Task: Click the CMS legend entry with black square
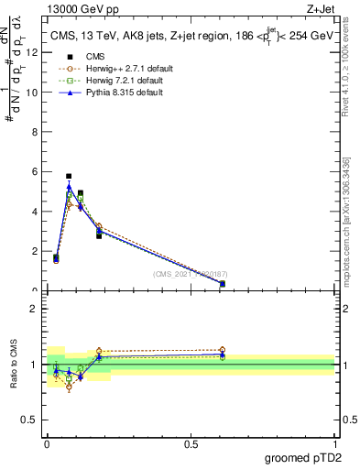tap(95, 57)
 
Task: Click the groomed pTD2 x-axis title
tap(302, 457)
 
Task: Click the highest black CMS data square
tap(69, 176)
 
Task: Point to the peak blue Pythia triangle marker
tap(69, 187)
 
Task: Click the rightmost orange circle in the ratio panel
tap(223, 350)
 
